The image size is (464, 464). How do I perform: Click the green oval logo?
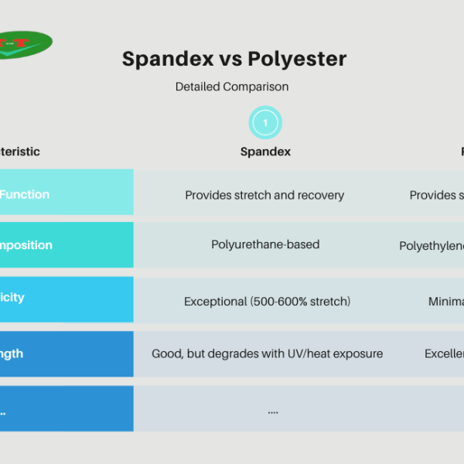23,45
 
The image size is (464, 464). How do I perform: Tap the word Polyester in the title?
297,59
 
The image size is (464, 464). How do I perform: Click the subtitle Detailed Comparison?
232,87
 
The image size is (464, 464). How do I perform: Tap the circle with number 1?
265,122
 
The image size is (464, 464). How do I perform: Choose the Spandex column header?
265,152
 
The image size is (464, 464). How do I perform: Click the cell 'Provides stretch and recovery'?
264,195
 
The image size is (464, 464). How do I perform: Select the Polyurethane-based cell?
265,244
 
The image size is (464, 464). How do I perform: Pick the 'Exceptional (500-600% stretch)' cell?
267,302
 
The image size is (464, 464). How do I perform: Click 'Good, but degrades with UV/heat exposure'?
267,353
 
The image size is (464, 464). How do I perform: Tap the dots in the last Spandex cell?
272,411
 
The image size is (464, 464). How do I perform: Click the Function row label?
25,195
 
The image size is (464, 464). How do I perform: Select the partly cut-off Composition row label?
26,245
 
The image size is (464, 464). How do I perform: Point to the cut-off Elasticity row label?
12,298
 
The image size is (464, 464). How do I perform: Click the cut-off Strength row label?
12,353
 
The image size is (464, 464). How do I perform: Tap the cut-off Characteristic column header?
20,152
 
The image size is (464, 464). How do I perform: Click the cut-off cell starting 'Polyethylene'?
432,246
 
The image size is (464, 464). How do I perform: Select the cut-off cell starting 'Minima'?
446,302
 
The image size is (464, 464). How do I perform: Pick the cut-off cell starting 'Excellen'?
444,353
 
